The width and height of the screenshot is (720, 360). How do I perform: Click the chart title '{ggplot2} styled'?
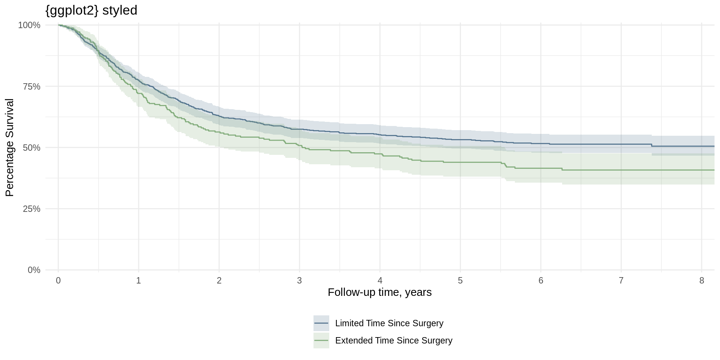(x=91, y=10)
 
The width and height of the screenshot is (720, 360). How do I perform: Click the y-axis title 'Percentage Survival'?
(x=9, y=147)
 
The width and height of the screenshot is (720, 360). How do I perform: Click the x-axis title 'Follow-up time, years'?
(x=379, y=292)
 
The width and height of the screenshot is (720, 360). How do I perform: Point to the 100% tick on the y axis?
(x=29, y=25)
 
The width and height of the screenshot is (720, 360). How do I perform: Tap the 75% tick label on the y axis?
(x=31, y=87)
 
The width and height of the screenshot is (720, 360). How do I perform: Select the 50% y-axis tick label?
(x=31, y=148)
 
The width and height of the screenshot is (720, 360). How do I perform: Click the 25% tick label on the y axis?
(x=31, y=209)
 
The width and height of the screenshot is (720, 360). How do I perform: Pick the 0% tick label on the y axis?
(x=34, y=270)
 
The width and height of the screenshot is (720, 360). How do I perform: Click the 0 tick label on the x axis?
(x=58, y=280)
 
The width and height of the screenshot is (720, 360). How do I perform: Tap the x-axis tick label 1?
(x=138, y=280)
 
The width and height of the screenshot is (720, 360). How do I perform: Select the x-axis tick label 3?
(x=299, y=280)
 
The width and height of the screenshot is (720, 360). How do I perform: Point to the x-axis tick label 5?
(x=460, y=280)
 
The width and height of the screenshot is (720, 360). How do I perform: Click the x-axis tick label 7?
(x=621, y=280)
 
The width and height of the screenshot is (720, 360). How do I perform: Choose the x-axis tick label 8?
(x=702, y=280)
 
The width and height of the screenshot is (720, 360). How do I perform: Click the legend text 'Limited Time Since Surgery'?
(x=389, y=323)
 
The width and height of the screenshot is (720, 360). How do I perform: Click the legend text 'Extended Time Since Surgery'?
(x=393, y=340)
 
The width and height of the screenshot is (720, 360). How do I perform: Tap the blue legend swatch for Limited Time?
(x=321, y=323)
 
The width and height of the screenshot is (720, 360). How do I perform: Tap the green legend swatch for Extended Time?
(x=321, y=340)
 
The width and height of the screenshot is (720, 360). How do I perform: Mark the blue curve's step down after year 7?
(x=652, y=145)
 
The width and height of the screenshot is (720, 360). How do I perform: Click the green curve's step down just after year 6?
(x=562, y=169)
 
